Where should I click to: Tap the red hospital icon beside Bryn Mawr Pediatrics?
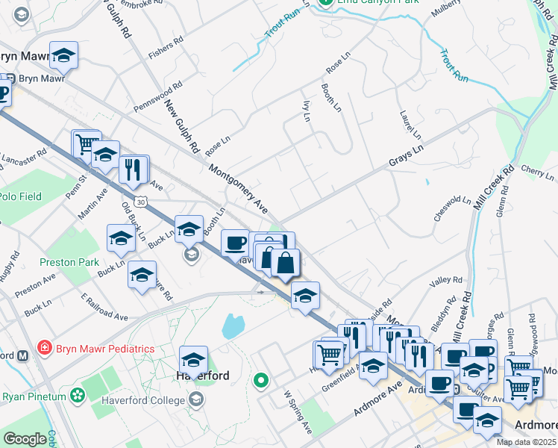(44, 349)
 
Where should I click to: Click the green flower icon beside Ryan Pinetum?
(77, 394)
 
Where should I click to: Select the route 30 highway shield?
(140, 202)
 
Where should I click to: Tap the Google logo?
(24, 439)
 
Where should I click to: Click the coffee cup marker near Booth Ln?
(235, 243)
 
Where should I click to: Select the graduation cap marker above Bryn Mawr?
(64, 55)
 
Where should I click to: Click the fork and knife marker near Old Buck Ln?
(134, 169)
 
